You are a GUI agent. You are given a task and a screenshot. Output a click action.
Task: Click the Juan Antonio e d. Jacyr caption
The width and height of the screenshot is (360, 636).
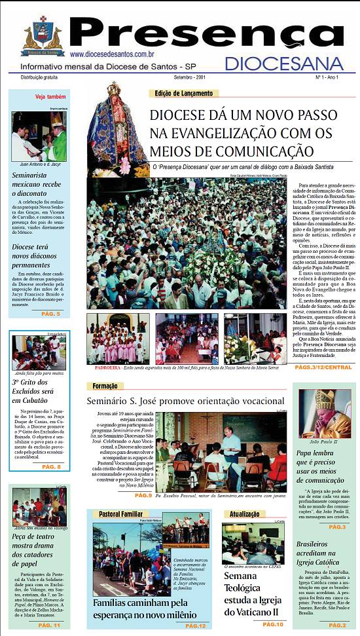pos(39,164)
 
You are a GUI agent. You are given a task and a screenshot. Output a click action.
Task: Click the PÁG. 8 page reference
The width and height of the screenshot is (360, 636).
pos(50,467)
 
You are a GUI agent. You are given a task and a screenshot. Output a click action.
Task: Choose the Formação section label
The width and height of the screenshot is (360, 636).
pos(105,386)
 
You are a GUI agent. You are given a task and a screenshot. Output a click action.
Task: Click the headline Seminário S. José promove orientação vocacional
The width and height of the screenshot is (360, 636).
pos(186,401)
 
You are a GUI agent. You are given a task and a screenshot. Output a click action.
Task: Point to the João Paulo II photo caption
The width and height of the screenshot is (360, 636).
pos(325,442)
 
